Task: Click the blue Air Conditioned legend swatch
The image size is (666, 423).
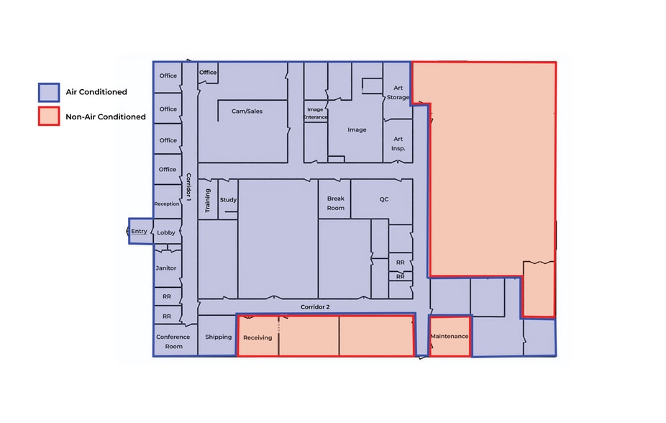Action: coord(49,92)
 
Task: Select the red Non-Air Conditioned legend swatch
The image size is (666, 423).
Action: coord(49,117)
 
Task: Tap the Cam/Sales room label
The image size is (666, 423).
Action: coord(246,112)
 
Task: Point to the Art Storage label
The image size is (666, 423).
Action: coord(398,92)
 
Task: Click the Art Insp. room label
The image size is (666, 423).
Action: coord(398,144)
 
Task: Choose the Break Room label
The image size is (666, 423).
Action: coord(336,203)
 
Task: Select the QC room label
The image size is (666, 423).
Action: coord(384,199)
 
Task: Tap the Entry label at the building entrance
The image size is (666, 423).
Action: coord(139,232)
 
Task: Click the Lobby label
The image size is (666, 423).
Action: coord(166,232)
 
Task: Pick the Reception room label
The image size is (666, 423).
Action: coord(167,204)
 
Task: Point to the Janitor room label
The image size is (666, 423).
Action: coord(166,268)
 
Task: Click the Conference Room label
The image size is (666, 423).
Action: coord(173,342)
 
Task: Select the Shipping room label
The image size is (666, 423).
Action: coord(218,337)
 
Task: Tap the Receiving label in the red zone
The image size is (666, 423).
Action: coord(257,337)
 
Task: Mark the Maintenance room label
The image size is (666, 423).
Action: coord(450,337)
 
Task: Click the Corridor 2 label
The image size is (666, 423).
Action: coord(315,307)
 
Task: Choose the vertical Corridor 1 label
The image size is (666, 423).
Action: coord(188,186)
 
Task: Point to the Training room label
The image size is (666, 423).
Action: coord(208,199)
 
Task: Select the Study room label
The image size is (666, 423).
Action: coord(228,199)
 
